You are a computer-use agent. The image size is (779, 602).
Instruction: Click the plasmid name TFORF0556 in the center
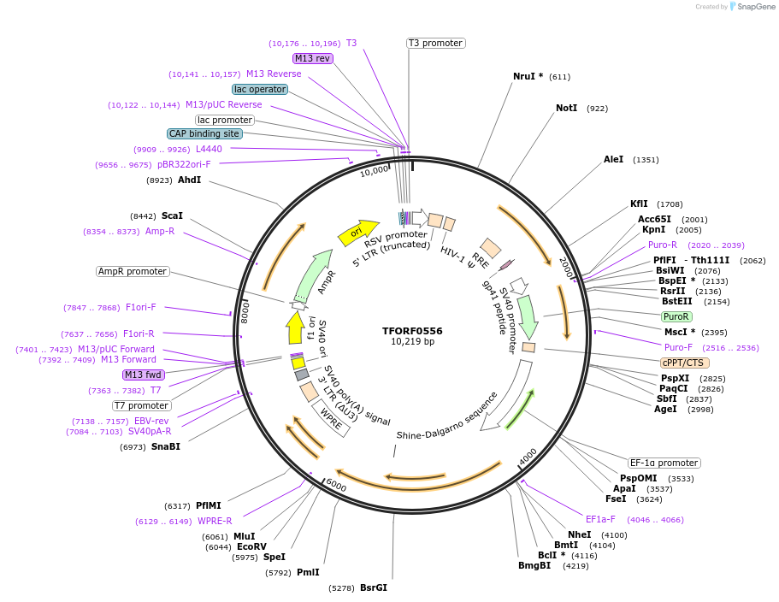412,331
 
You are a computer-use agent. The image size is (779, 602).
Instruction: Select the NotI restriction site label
566,109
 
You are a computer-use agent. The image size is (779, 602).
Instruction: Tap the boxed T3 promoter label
434,43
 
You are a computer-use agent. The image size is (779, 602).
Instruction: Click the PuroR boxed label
676,316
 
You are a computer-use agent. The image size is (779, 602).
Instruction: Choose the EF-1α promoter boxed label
664,463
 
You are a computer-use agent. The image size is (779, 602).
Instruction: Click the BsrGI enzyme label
373,587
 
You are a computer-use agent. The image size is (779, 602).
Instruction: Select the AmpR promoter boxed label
133,271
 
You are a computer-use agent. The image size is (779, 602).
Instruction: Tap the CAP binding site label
204,133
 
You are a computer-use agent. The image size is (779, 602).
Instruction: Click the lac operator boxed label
260,89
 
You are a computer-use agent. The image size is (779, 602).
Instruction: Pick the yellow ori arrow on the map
357,231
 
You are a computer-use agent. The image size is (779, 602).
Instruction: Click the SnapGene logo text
756,7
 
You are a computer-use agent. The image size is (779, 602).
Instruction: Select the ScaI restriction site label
172,216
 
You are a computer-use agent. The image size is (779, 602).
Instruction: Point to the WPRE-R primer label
215,521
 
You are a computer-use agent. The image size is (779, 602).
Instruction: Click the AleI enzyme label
613,159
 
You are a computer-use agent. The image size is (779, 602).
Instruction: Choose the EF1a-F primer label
600,519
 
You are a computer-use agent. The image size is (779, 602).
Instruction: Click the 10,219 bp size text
412,342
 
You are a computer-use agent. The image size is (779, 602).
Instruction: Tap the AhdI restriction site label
189,180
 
